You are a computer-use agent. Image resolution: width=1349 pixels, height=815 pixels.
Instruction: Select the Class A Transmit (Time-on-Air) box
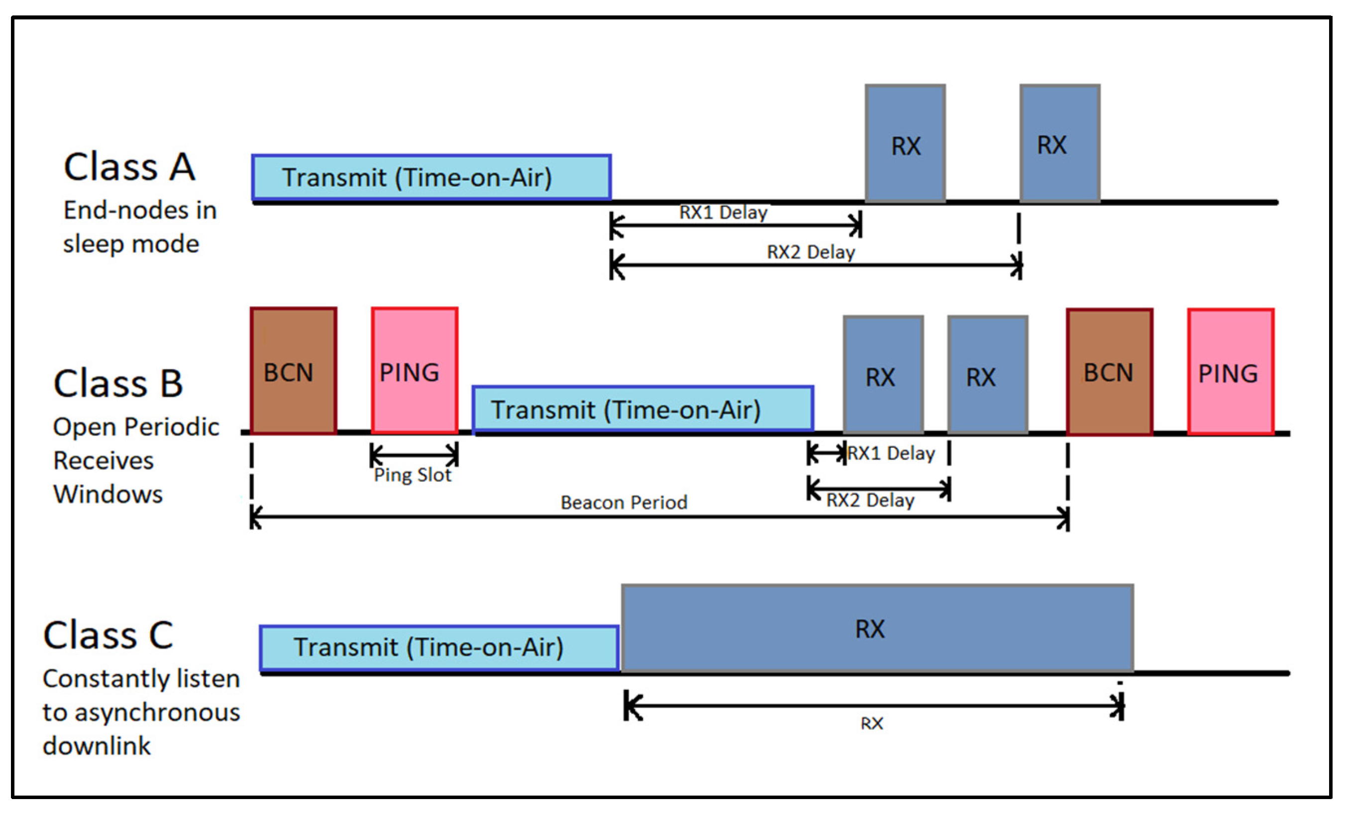pyautogui.click(x=431, y=177)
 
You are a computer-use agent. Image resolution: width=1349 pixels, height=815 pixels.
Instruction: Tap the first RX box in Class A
pyautogui.click(x=905, y=144)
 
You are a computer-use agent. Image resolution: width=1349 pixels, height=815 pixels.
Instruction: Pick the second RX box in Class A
pyautogui.click(x=1059, y=144)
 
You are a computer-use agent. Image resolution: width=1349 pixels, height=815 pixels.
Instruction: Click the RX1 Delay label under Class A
pyautogui.click(x=723, y=213)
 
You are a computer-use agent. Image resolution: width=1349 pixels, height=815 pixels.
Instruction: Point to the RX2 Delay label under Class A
pyautogui.click(x=810, y=252)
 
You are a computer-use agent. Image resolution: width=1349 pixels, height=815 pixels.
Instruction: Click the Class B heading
pyautogui.click(x=118, y=383)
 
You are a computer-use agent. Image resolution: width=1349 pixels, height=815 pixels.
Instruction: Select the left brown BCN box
pyautogui.click(x=294, y=371)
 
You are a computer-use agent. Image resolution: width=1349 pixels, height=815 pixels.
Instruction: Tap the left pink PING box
pyautogui.click(x=415, y=371)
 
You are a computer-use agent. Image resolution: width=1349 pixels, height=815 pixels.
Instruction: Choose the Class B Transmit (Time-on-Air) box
pyautogui.click(x=642, y=410)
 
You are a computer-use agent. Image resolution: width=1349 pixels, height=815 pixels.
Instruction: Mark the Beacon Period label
pyautogui.click(x=623, y=502)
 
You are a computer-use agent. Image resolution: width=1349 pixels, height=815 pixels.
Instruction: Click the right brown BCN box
pyautogui.click(x=1109, y=372)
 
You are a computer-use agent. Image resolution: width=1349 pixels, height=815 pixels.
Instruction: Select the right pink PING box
pyautogui.click(x=1230, y=372)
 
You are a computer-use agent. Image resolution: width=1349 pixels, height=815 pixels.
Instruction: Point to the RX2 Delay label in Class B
pyautogui.click(x=870, y=500)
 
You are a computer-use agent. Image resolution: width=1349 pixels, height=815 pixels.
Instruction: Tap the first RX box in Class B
pyautogui.click(x=883, y=376)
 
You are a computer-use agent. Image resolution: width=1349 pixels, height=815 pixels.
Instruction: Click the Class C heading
pyautogui.click(x=108, y=635)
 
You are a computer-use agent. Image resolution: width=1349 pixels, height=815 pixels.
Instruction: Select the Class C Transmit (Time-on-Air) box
pyautogui.click(x=439, y=647)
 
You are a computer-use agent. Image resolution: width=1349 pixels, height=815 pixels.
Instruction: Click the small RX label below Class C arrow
pyautogui.click(x=872, y=723)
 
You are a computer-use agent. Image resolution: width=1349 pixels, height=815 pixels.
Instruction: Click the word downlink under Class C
pyautogui.click(x=97, y=746)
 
